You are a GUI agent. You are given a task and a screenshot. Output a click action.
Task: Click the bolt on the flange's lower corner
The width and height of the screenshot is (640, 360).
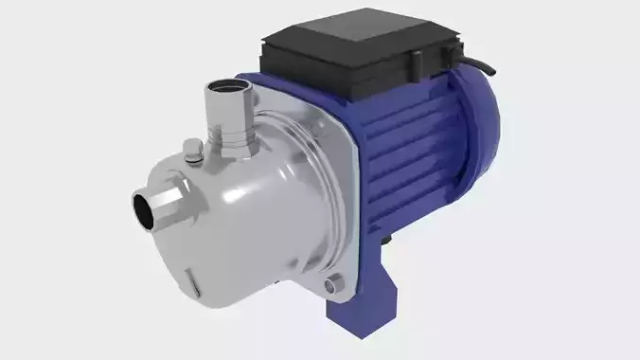pyautogui.click(x=330, y=284)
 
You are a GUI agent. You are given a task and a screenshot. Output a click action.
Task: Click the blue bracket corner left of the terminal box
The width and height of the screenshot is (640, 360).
pyautogui.click(x=251, y=80)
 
